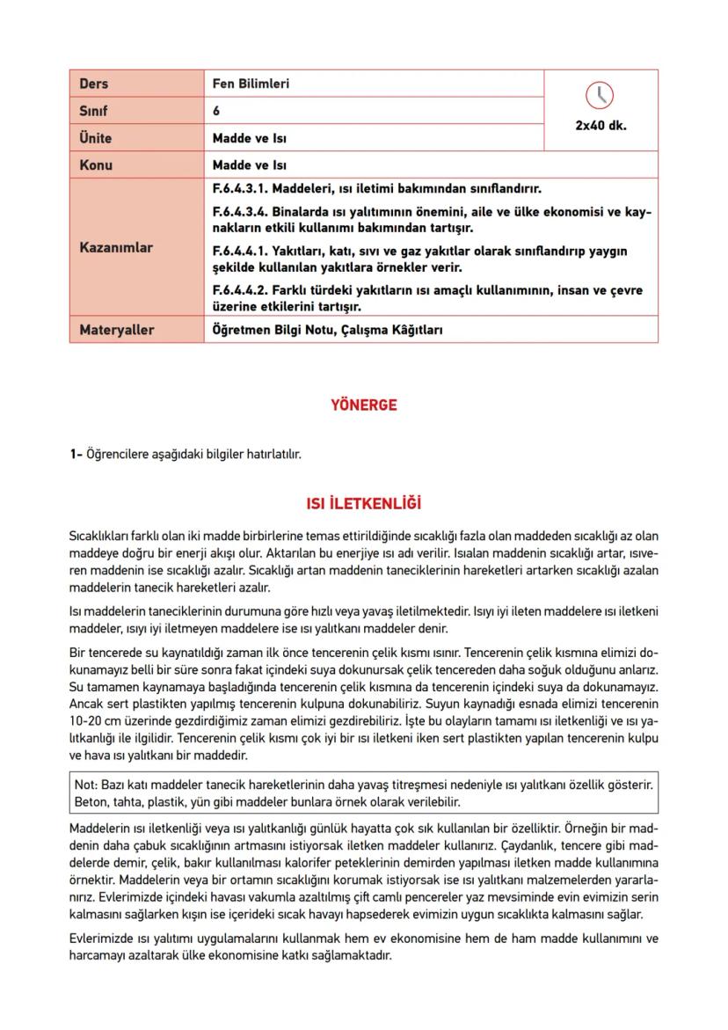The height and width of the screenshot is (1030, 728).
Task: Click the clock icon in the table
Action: pyautogui.click(x=601, y=95)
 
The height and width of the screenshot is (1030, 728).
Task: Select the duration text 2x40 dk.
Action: pyautogui.click(x=601, y=125)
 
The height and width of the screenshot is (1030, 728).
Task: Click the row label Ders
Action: pyautogui.click(x=94, y=84)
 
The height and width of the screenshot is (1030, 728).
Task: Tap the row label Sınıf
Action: pyautogui.click(x=93, y=112)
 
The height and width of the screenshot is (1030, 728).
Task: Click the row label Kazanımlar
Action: pyautogui.click(x=116, y=248)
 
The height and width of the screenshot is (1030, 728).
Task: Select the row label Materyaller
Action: pyautogui.click(x=116, y=330)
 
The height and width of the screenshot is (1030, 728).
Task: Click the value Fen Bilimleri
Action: pyautogui.click(x=251, y=84)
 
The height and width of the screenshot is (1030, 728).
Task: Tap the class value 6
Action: pyautogui.click(x=216, y=112)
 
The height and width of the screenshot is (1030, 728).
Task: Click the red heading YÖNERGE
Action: pyautogui.click(x=363, y=405)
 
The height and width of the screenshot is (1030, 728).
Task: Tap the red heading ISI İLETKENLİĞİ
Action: pyautogui.click(x=363, y=504)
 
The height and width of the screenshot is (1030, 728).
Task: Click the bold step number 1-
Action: pyautogui.click(x=76, y=455)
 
